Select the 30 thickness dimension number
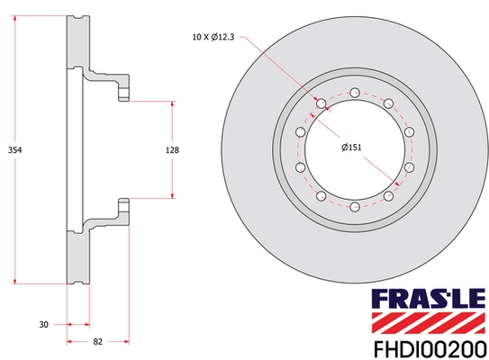[x=44, y=322]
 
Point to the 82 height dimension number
[x=97, y=342]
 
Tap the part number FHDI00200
[x=429, y=345]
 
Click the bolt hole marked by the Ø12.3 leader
[x=321, y=104]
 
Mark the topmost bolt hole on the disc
[x=354, y=92]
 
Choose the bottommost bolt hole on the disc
[x=354, y=206]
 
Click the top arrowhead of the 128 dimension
[x=172, y=103]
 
